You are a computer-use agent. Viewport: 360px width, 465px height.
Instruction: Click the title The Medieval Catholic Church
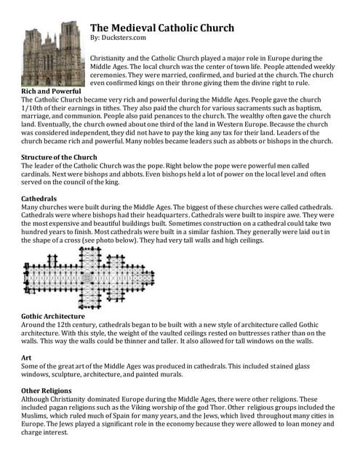coord(161,28)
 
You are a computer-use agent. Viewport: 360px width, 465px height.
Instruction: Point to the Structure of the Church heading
coord(59,157)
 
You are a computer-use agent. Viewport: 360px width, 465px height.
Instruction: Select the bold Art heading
coord(26,357)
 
